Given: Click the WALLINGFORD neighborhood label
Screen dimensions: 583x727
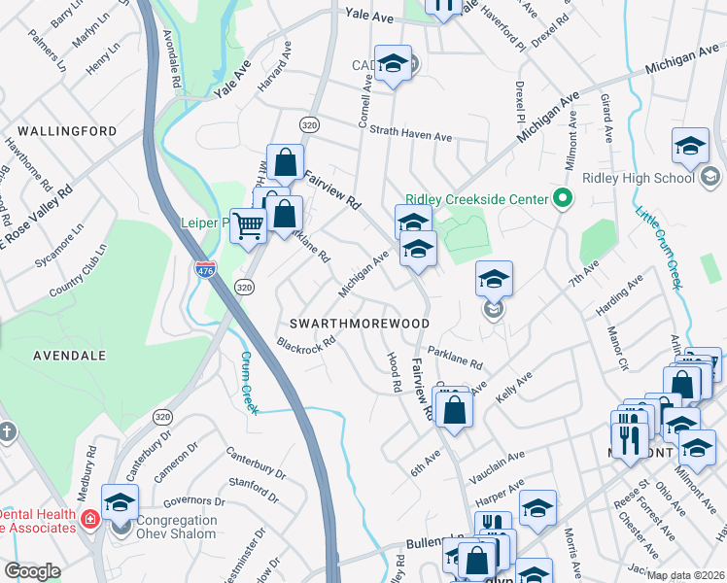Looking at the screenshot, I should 66,131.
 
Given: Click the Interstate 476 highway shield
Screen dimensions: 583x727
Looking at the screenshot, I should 205,268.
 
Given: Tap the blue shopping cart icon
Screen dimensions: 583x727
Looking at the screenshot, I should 249,225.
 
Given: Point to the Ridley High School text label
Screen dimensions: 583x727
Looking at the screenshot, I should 639,178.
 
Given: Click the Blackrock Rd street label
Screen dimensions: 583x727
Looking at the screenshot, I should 306,344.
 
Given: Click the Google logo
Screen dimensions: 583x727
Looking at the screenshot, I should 32,571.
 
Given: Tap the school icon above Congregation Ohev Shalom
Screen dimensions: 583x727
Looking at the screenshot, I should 120,502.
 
